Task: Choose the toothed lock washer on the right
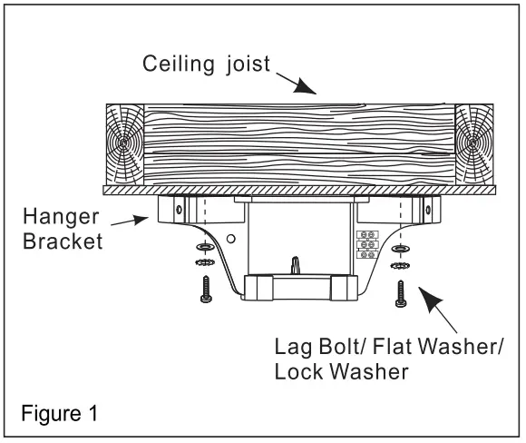click(399, 266)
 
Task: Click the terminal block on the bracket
click(368, 244)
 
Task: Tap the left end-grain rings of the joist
click(123, 145)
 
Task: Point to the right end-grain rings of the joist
click(473, 145)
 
